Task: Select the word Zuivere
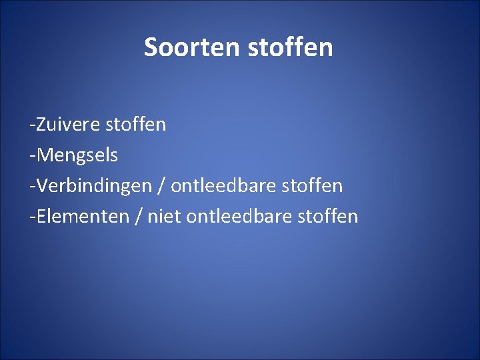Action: pos(67,124)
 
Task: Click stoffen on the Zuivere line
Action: pos(136,124)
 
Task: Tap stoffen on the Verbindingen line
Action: pos(313,186)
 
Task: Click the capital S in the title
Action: pos(151,47)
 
